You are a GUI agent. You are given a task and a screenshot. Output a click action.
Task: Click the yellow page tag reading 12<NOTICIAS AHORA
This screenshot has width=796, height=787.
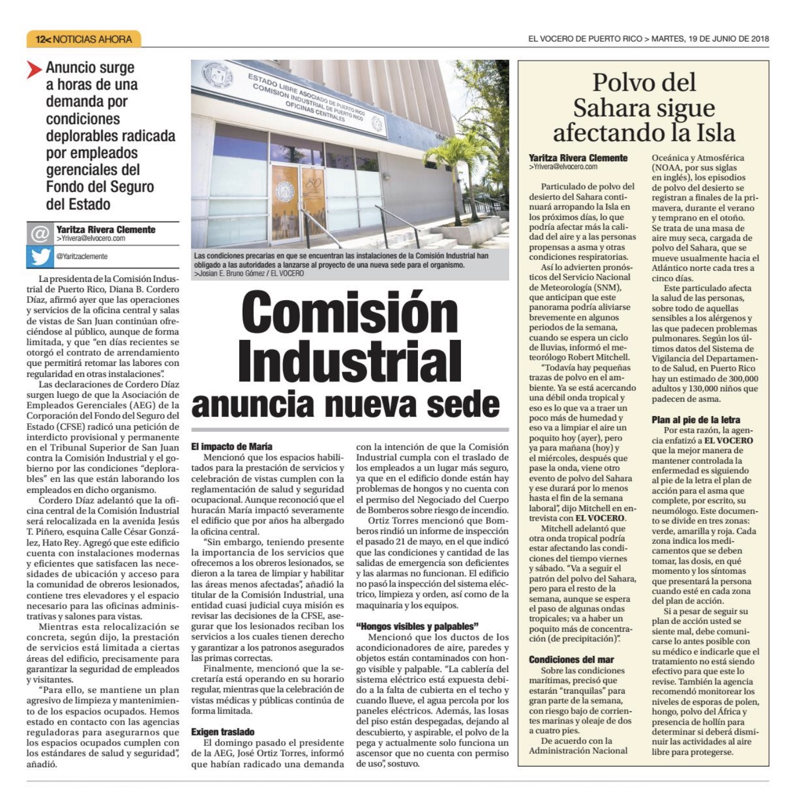pyautogui.click(x=83, y=39)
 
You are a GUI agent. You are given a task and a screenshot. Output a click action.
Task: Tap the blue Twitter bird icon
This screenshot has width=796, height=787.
pyautogui.click(x=40, y=256)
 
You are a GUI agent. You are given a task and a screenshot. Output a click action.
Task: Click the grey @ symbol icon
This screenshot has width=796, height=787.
pyautogui.click(x=40, y=234)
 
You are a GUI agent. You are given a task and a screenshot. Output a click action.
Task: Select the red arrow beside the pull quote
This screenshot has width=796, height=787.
pyautogui.click(x=34, y=69)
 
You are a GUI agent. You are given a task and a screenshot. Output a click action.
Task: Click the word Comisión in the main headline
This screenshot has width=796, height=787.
pyautogui.click(x=342, y=314)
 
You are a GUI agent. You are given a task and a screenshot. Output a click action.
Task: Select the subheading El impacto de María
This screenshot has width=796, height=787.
pyautogui.click(x=232, y=447)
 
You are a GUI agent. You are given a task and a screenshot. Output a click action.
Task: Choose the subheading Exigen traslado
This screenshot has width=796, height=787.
pyautogui.click(x=223, y=732)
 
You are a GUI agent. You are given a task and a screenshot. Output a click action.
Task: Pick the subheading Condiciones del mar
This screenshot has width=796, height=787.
pyautogui.click(x=572, y=659)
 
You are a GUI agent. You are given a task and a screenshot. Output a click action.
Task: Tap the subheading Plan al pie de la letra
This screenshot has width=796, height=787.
pyautogui.click(x=696, y=419)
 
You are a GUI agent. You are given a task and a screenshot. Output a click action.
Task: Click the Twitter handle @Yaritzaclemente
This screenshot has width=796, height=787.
pyautogui.click(x=82, y=256)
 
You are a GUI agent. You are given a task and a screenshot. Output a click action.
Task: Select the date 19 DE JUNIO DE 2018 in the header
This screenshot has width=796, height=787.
pyautogui.click(x=727, y=39)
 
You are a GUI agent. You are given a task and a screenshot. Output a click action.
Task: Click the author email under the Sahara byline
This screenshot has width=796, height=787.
pyautogui.click(x=563, y=166)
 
